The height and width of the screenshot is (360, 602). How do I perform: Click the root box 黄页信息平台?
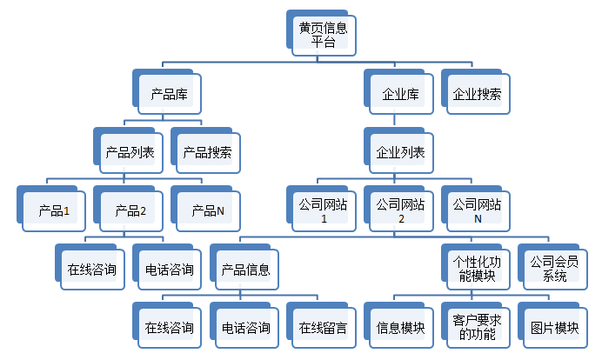(321, 33)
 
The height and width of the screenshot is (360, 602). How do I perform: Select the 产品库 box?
(167, 92)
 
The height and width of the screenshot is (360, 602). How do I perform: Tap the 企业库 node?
(398, 92)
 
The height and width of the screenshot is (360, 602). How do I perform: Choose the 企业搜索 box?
(476, 92)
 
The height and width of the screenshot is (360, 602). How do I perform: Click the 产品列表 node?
(128, 150)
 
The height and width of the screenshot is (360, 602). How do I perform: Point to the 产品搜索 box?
(206, 150)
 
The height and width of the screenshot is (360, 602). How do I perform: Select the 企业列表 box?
(398, 150)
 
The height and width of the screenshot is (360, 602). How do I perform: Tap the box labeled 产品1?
(51, 209)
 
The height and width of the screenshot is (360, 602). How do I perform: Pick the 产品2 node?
(128, 209)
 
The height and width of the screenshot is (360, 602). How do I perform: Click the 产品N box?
(206, 209)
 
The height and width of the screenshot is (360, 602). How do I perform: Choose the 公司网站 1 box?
(321, 209)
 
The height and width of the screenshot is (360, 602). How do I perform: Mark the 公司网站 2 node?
(398, 209)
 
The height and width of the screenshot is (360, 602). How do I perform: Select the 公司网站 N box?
(476, 209)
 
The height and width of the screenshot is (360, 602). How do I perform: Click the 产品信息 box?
(244, 267)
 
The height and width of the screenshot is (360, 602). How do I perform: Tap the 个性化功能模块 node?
(476, 267)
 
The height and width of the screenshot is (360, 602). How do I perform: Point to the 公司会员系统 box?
(553, 267)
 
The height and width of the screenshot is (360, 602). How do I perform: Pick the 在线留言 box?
(321, 325)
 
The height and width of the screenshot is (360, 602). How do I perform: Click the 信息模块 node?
(398, 325)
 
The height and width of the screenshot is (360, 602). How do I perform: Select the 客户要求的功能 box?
(476, 325)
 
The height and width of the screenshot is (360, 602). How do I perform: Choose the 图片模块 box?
(553, 325)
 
